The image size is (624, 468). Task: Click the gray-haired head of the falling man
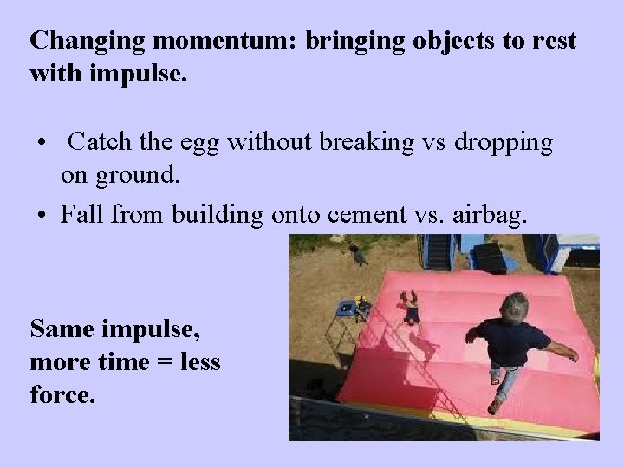(515, 307)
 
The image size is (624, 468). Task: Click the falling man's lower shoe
(494, 406)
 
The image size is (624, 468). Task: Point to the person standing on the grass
(354, 253)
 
